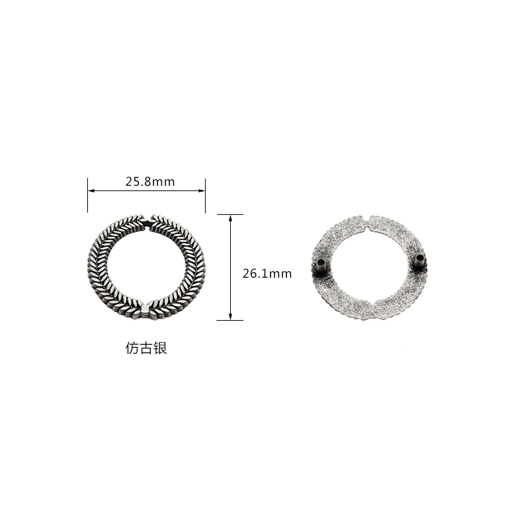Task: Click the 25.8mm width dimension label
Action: pyautogui.click(x=150, y=182)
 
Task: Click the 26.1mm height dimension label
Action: pyautogui.click(x=267, y=274)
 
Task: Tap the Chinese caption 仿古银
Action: pyautogui.click(x=146, y=348)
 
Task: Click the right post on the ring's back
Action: pyautogui.click(x=420, y=261)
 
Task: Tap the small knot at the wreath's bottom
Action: pyautogui.click(x=145, y=309)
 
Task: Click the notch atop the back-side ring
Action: pyautogui.click(x=368, y=224)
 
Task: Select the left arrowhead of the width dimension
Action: pyautogui.click(x=91, y=190)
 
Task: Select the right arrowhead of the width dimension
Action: pyautogui.click(x=202, y=190)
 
